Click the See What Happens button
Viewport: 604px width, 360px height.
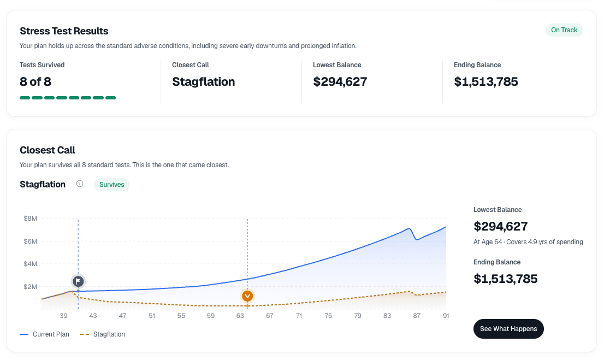point(508,329)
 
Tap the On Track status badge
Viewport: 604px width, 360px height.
point(564,30)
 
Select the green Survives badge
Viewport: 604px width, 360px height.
point(112,185)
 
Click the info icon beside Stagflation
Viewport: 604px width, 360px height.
point(80,184)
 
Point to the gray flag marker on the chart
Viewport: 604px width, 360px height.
point(78,281)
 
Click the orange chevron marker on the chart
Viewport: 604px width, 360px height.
point(247,296)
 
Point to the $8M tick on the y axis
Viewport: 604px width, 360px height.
point(31,219)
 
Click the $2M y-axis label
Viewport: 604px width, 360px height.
point(31,287)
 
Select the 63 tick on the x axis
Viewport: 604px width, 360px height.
point(240,316)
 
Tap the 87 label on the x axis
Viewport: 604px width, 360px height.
point(416,316)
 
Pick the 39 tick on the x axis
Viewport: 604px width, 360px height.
point(63,316)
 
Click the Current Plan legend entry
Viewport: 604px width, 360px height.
point(44,334)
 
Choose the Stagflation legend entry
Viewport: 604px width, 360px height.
point(103,334)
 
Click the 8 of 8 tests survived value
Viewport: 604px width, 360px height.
point(35,82)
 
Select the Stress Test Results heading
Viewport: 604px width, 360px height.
point(64,31)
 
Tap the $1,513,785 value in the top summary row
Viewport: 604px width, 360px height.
point(485,82)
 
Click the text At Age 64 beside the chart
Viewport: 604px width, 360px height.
point(488,242)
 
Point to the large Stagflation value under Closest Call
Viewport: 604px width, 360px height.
point(203,82)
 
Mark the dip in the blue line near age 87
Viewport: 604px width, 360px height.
point(416,239)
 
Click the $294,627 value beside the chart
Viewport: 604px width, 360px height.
point(500,226)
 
